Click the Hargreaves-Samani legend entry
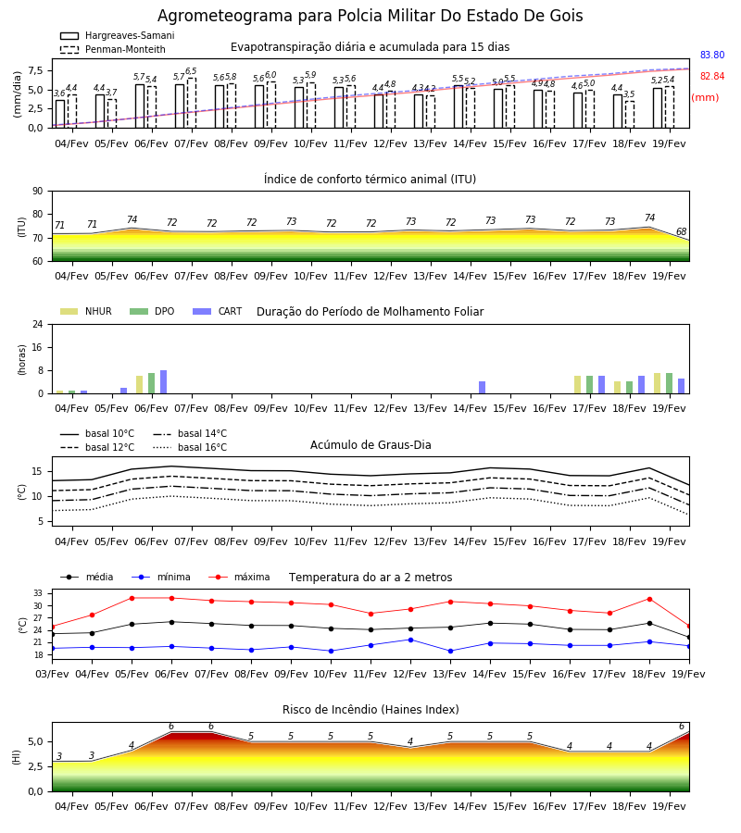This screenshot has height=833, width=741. (x=117, y=35)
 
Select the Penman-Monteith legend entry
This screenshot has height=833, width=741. (x=113, y=49)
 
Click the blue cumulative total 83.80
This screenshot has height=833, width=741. (x=712, y=55)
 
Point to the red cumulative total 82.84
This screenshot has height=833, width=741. (x=712, y=76)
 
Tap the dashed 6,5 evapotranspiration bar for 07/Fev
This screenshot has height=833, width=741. (x=192, y=103)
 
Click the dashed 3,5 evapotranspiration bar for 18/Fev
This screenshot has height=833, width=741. (x=629, y=114)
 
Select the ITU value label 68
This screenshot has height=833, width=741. (x=681, y=231)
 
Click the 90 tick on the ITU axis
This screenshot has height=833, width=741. (x=38, y=192)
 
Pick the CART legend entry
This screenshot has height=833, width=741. (x=218, y=311)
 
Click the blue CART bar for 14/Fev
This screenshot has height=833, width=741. (x=483, y=387)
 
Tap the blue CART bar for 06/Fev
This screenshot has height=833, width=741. (x=163, y=382)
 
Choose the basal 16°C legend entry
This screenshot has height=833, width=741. (x=190, y=447)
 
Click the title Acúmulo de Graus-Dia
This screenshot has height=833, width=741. (x=370, y=444)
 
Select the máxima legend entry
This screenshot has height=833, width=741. (x=239, y=577)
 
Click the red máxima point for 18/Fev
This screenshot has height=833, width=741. (x=649, y=599)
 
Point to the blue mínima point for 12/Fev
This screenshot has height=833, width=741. (x=410, y=640)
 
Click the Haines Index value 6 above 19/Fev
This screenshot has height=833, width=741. (x=682, y=727)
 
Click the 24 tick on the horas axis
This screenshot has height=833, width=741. (x=38, y=324)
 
